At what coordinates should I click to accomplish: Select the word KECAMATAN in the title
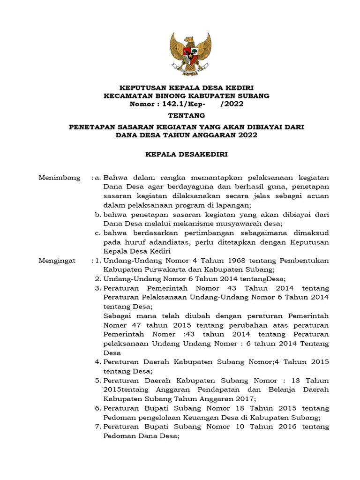[x=128, y=96]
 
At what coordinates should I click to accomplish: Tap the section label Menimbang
[x=59, y=178]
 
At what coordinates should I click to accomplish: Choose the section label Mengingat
[x=57, y=260]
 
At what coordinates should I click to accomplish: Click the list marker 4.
[x=98, y=362]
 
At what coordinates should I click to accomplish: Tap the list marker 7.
[x=98, y=427]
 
